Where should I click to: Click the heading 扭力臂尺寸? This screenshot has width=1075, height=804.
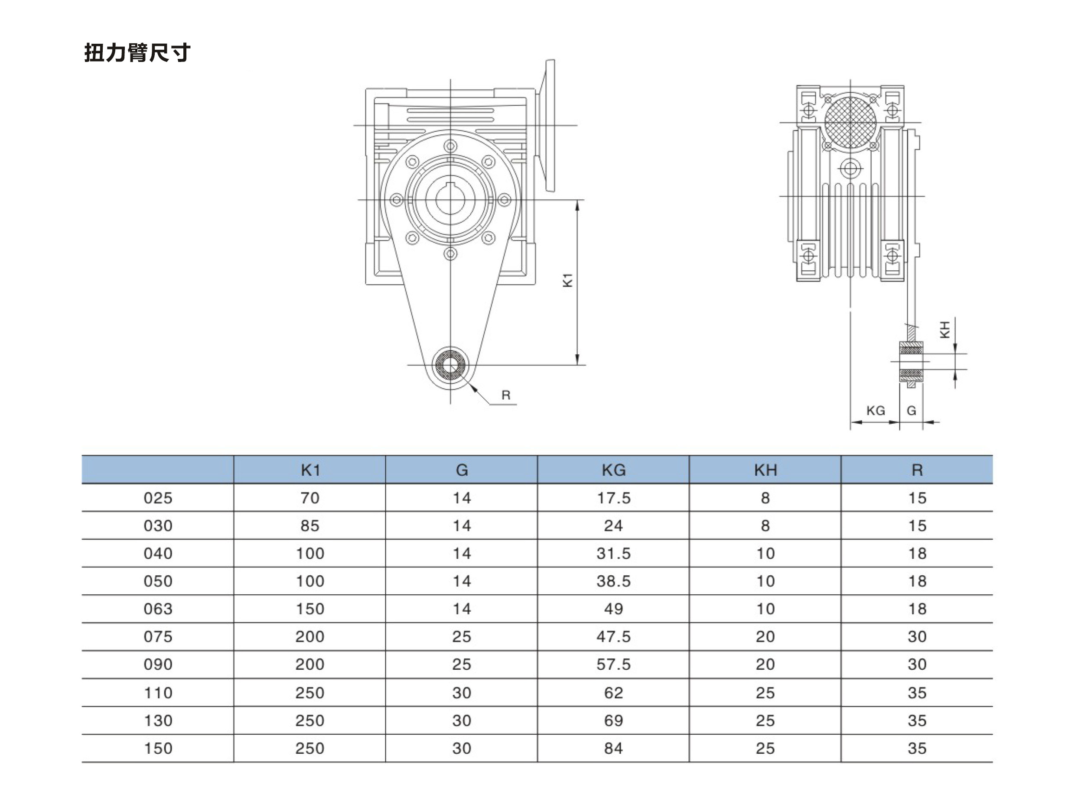pyautogui.click(x=137, y=52)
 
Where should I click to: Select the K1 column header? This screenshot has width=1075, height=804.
pyautogui.click(x=310, y=470)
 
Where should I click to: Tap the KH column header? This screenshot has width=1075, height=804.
pyautogui.click(x=766, y=470)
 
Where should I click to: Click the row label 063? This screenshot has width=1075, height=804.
pyautogui.click(x=158, y=609)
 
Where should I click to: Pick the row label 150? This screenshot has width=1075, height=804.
pyautogui.click(x=158, y=748)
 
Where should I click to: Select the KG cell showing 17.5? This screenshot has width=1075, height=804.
pyautogui.click(x=613, y=498)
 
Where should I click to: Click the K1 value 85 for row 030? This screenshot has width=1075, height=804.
pyautogui.click(x=310, y=525)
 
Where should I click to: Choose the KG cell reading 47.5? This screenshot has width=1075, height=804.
pyautogui.click(x=613, y=636)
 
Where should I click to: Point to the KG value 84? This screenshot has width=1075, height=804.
pyautogui.click(x=613, y=748)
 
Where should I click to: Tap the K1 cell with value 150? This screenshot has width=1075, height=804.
pyautogui.click(x=310, y=609)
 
